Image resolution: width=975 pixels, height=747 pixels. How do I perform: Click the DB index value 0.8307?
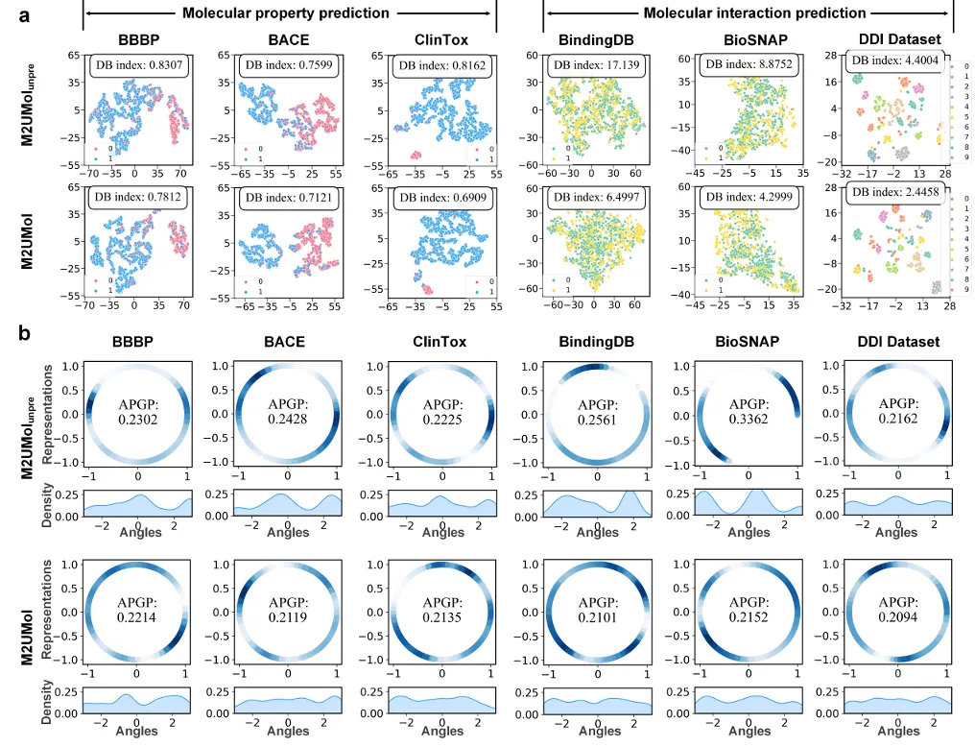[x=136, y=66]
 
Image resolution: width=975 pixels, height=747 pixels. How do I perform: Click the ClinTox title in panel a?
[x=442, y=41]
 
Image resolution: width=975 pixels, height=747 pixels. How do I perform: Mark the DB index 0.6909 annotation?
[x=442, y=198]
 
